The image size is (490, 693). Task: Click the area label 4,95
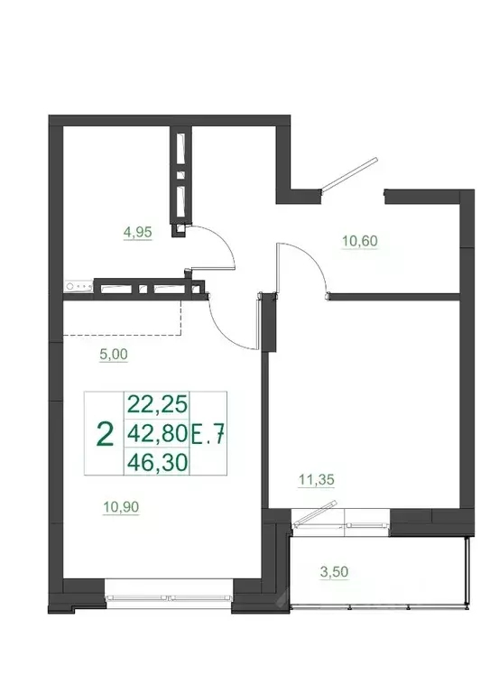click(x=137, y=232)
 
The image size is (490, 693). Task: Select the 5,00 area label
click(x=114, y=356)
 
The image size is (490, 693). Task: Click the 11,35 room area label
click(x=317, y=481)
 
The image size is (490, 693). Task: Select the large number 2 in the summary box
click(x=105, y=434)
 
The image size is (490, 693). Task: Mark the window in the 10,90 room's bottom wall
click(x=169, y=596)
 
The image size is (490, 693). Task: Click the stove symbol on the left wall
click(x=77, y=288)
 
